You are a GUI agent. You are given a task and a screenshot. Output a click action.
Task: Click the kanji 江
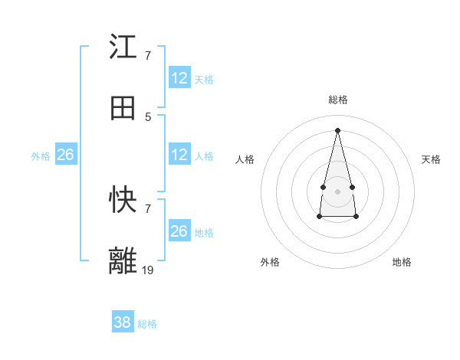click(x=123, y=47)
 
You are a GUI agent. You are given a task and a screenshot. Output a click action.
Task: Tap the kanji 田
click(x=123, y=108)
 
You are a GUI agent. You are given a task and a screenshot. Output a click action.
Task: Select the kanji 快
click(x=123, y=200)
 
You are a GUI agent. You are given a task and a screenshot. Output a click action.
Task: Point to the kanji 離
click(x=123, y=260)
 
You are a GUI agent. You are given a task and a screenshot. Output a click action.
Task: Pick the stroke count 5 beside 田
click(x=148, y=116)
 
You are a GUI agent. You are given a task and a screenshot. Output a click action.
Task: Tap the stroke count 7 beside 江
click(x=148, y=56)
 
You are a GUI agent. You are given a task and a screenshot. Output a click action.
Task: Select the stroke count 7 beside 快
click(x=148, y=208)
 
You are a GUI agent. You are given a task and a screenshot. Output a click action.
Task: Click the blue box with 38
click(x=123, y=322)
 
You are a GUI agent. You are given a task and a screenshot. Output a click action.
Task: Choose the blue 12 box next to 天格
click(x=179, y=78)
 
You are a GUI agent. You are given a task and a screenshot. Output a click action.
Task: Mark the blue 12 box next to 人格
click(x=179, y=155)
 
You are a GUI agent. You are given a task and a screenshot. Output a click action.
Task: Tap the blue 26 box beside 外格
click(x=66, y=155)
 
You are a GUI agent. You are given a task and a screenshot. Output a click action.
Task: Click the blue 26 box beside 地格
click(x=179, y=231)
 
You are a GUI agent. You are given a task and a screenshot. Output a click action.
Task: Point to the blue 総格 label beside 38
click(x=147, y=324)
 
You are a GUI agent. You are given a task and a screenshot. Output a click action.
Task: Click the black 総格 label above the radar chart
click(x=337, y=100)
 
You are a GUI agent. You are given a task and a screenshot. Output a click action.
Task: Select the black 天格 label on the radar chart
click(x=432, y=159)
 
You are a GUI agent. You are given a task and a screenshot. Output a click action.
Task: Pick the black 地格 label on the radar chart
click(x=402, y=262)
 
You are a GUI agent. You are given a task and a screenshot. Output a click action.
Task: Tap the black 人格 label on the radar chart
click(x=245, y=159)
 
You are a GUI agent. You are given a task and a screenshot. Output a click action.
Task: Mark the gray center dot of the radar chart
click(x=337, y=190)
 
